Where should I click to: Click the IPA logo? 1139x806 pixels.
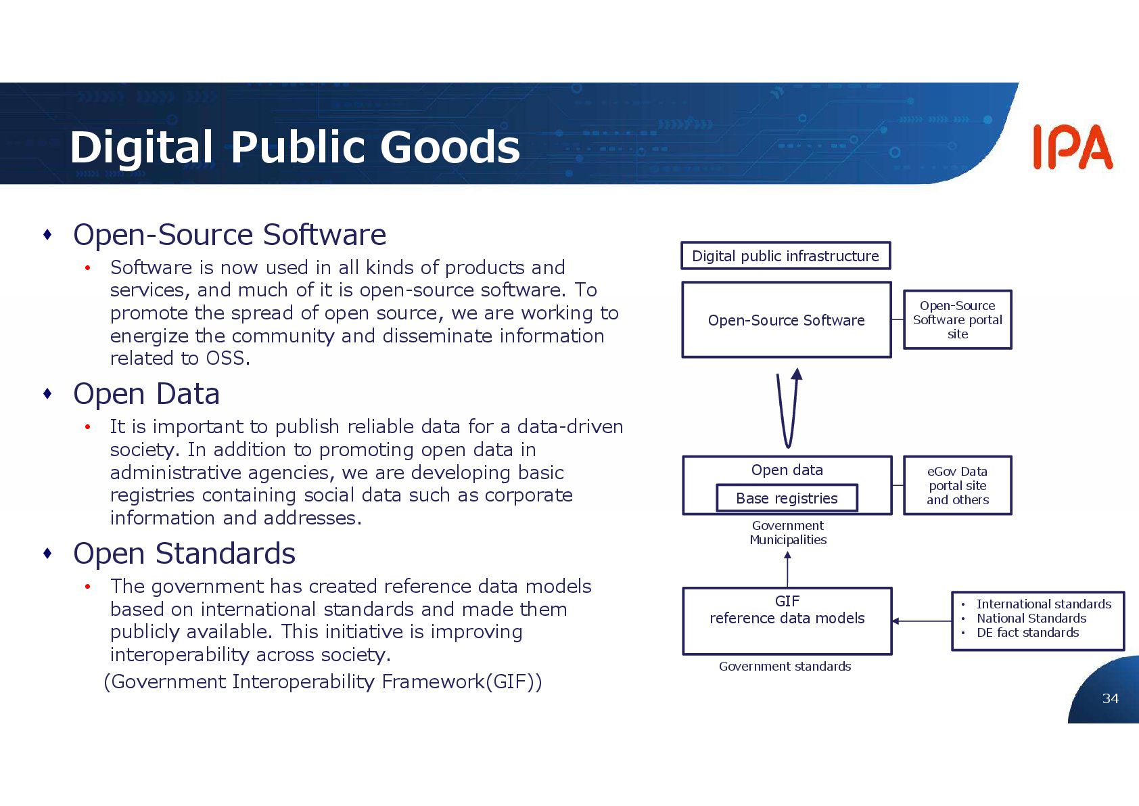point(1072,147)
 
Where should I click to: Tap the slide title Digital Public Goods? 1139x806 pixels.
point(295,147)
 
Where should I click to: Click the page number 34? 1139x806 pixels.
point(1110,698)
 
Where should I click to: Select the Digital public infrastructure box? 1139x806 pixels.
point(785,256)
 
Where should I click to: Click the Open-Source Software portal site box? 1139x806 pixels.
point(957,320)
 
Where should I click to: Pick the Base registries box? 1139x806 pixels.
point(787,498)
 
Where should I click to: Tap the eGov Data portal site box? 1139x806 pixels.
point(957,485)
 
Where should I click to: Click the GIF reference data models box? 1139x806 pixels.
point(787,621)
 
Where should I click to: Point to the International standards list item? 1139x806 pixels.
point(1043,604)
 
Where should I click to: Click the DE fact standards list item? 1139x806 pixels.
point(1027,633)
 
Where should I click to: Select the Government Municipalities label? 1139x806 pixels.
point(788,533)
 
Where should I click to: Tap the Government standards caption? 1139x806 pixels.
point(785,667)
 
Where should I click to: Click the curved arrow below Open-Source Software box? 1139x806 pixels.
point(789,409)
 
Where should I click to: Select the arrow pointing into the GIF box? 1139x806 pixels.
point(921,621)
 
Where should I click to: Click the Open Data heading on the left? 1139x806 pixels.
point(146,394)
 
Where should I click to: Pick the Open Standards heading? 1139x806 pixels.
point(184,554)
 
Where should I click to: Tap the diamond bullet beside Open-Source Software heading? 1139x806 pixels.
point(47,235)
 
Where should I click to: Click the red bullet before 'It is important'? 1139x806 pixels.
point(87,427)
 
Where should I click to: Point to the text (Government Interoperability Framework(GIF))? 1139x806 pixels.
point(323,681)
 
